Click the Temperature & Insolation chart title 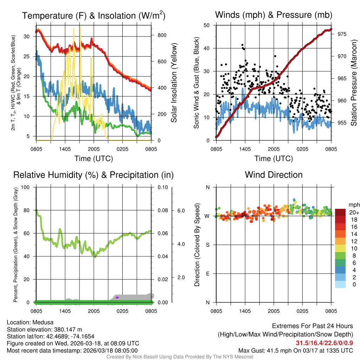[x=94, y=15]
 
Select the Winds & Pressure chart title [x=274, y=15]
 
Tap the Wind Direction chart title [x=274, y=175]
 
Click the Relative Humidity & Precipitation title [x=94, y=175]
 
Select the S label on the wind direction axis [x=208, y=245]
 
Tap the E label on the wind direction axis [x=208, y=274]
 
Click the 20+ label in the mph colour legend [x=354, y=213]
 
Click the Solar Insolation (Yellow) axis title [x=174, y=83]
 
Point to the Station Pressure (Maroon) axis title [x=354, y=83]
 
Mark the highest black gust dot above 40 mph [x=242, y=45]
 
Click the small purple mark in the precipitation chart [x=117, y=297]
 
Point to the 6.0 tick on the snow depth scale [x=181, y=211]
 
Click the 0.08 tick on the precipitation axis [x=162, y=210]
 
